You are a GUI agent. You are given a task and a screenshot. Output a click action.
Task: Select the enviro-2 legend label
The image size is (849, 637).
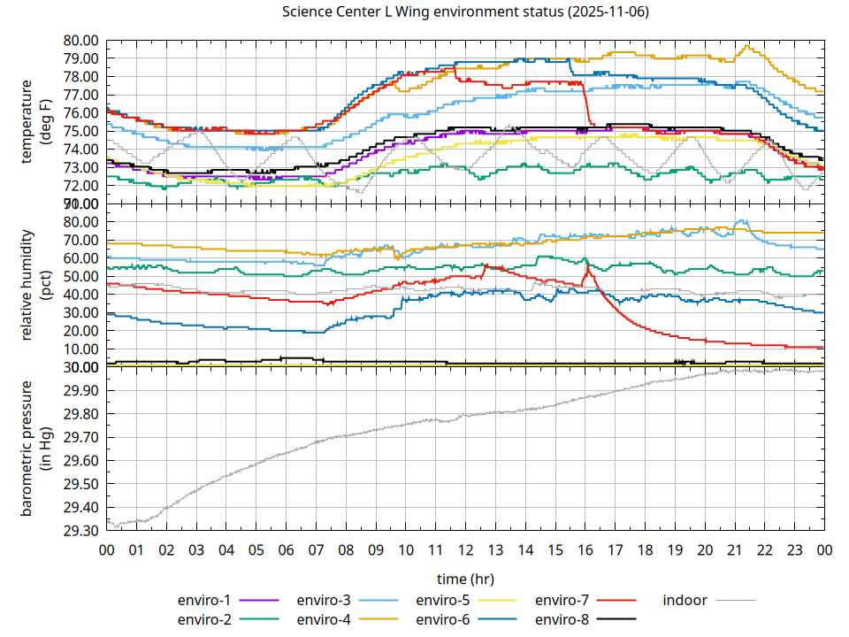point(204,619)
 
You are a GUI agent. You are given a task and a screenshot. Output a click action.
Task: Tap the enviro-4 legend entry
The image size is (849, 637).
point(323,619)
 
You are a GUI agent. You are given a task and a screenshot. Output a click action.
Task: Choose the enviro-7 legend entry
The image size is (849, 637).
point(562,600)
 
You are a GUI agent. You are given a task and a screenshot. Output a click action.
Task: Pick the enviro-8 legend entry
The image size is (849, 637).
point(562,619)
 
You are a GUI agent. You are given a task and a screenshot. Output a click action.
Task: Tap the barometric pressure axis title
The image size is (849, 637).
point(34,449)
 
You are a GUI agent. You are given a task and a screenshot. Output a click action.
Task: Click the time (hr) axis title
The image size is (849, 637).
point(465,579)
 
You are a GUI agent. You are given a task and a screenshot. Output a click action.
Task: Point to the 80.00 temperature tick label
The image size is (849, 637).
point(80,41)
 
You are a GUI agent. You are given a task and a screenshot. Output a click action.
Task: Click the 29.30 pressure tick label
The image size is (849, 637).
point(80,531)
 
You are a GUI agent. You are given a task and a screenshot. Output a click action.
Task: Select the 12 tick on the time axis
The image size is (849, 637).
point(465,549)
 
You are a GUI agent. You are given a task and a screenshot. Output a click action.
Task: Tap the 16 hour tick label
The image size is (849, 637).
point(585,549)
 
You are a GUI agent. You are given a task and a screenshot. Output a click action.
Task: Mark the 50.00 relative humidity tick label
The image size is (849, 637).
point(80,277)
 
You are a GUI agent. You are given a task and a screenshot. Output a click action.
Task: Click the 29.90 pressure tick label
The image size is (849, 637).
point(80,391)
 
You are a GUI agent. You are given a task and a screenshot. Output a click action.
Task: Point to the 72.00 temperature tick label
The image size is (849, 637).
point(80,186)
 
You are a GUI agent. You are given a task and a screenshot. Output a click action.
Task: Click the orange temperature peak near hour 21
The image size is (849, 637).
point(748,46)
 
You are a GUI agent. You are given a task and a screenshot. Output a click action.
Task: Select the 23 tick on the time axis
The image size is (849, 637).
point(794,549)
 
